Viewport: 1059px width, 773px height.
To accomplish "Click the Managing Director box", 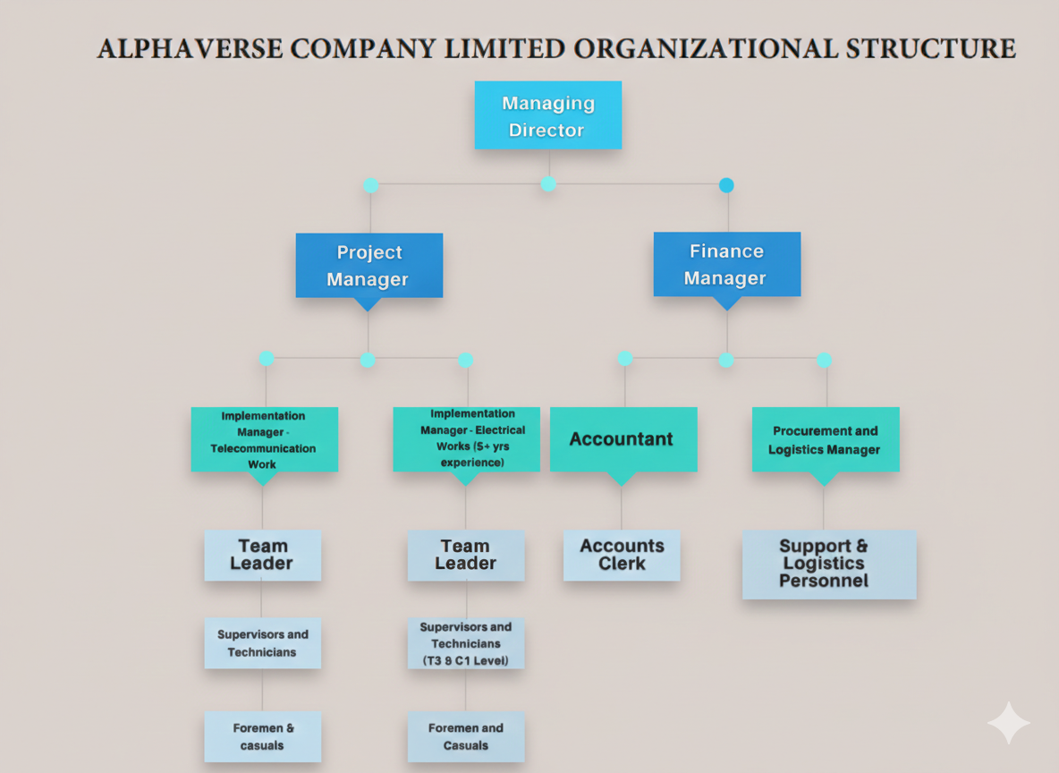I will click(547, 115).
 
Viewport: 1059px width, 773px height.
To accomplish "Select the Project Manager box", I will click(369, 265).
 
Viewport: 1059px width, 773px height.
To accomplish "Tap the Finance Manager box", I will click(726, 264).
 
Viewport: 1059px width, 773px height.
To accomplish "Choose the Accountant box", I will click(623, 438).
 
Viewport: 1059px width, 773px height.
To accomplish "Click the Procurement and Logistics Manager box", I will click(825, 439).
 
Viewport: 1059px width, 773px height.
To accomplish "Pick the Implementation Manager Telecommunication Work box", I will click(264, 439).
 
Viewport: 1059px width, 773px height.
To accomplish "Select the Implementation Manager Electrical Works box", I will click(466, 438).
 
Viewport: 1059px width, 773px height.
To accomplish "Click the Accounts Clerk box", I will click(622, 555).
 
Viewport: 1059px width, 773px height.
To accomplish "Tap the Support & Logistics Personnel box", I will click(828, 564).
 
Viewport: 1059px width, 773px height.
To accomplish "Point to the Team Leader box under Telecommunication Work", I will click(262, 555).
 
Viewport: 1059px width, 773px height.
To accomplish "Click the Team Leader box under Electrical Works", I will click(465, 555).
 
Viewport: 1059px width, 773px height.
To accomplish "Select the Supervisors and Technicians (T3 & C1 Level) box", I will click(465, 643).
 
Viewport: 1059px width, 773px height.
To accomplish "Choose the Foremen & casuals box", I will click(262, 736).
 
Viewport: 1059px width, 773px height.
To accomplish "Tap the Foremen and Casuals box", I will click(465, 736).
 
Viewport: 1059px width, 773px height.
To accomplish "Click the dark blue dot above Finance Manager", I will click(726, 185).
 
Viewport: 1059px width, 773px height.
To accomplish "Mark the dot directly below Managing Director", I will click(548, 183).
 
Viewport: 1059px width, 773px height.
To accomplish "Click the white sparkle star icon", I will click(1008, 723).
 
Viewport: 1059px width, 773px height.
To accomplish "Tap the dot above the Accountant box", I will click(625, 358).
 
